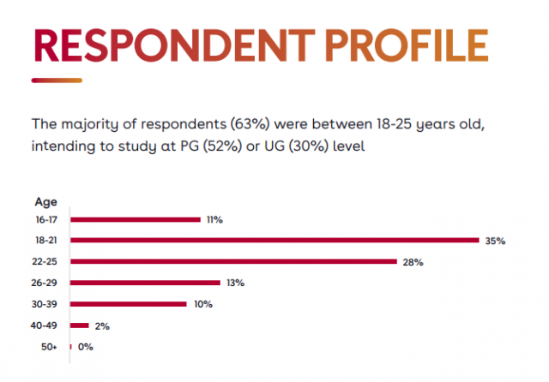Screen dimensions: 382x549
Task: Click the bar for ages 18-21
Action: click(274, 241)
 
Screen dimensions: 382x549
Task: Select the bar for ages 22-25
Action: click(233, 261)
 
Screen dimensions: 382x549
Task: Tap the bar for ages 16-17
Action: click(136, 220)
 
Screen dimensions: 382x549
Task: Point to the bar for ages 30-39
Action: click(129, 304)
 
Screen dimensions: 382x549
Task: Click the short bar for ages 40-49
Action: click(80, 325)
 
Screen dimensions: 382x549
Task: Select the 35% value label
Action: click(495, 242)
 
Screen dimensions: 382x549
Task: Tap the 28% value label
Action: click(413, 262)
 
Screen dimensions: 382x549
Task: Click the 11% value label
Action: click(214, 220)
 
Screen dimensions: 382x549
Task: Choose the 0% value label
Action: click(85, 347)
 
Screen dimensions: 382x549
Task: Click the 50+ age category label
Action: click(50, 347)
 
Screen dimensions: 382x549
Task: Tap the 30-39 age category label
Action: click(46, 304)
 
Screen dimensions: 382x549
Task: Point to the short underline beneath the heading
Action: click(57, 81)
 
